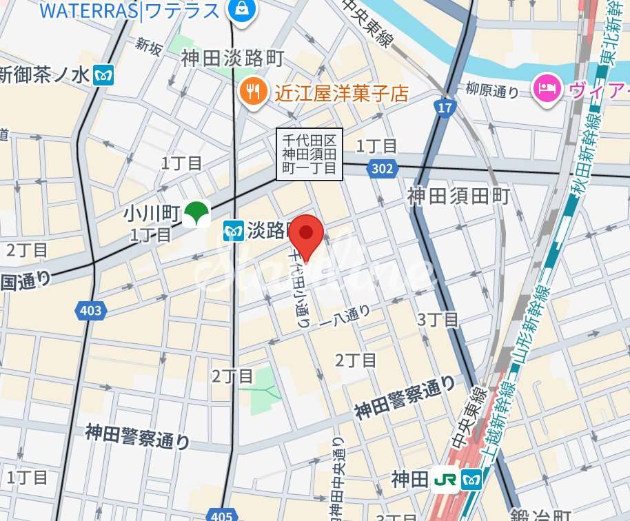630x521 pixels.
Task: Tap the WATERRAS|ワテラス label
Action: coord(130,10)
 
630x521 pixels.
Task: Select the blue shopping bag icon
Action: coord(243,10)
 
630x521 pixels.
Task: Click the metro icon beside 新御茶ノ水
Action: coord(104,74)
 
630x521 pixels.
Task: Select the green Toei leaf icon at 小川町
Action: coord(196,214)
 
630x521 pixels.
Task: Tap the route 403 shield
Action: coord(90,311)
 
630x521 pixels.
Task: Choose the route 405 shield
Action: coord(221,514)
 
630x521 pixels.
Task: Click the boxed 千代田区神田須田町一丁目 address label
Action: coord(309,154)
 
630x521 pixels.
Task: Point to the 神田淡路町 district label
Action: coord(232,59)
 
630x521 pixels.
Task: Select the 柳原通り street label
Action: coord(492,90)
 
